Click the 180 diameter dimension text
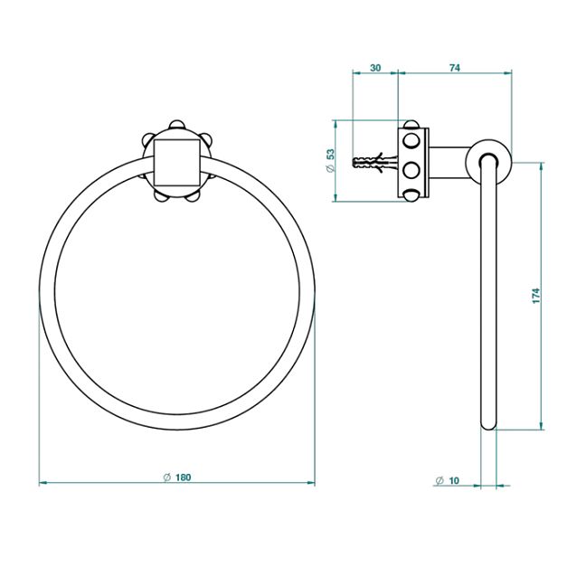[x=184, y=477]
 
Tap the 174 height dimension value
[x=535, y=296]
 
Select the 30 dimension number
[x=375, y=69]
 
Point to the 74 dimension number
[x=455, y=69]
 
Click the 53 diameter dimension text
[x=331, y=160]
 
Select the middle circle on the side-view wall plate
[x=411, y=168]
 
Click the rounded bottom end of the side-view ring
[x=488, y=422]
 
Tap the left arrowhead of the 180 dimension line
[x=43, y=484]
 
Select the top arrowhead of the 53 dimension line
[x=336, y=124]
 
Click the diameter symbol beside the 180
[x=167, y=477]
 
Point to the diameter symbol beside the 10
[x=439, y=480]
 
